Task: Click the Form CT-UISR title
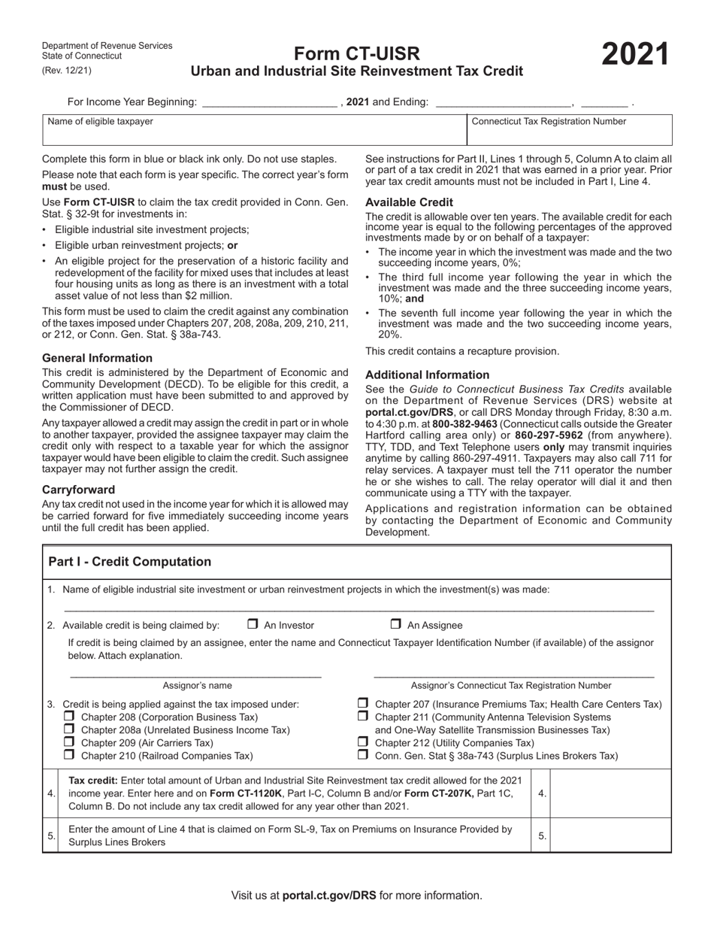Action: coord(356,54)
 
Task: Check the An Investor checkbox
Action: coord(253,624)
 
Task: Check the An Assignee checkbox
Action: coord(395,624)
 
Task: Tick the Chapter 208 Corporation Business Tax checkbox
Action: coord(69,717)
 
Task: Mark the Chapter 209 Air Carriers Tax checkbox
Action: coord(69,742)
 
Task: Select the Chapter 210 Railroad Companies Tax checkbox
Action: coord(69,755)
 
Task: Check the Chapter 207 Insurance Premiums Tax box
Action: coord(363,704)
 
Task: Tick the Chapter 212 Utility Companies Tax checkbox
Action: coord(363,742)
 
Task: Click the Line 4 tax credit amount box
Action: coord(610,793)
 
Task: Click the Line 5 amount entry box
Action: coord(610,835)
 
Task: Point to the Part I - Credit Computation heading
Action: coord(129,562)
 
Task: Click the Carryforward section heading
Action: coord(79,490)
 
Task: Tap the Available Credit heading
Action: coord(409,202)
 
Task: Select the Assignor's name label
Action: coord(197,686)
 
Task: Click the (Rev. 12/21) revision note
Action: coord(67,71)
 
